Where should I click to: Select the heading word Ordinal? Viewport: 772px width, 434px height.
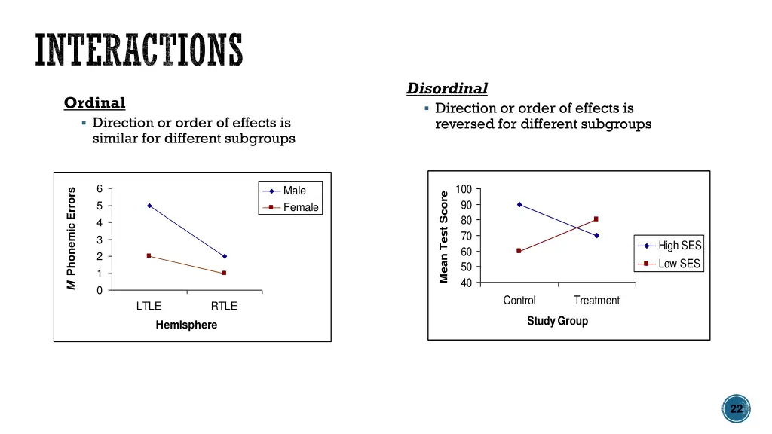[94, 103]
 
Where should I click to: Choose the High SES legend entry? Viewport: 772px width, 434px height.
[679, 246]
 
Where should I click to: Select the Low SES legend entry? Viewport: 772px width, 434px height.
[679, 264]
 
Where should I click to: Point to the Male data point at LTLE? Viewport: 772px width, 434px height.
[149, 206]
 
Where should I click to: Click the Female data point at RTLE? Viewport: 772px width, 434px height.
[224, 273]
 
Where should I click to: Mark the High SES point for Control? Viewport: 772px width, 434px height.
[519, 204]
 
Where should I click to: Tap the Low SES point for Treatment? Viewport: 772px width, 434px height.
[596, 219]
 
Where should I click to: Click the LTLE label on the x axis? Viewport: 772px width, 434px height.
[149, 306]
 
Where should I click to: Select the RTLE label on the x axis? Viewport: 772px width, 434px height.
[224, 306]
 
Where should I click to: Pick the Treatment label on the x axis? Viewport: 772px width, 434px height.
[596, 301]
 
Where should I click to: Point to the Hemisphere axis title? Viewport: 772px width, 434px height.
[186, 325]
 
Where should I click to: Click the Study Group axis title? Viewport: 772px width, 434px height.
[557, 321]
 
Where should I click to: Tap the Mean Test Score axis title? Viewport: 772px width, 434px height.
[445, 237]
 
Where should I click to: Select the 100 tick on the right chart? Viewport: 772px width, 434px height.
[464, 189]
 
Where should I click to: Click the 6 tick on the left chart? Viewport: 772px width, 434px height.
[100, 189]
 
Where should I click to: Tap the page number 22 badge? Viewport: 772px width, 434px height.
[736, 409]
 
